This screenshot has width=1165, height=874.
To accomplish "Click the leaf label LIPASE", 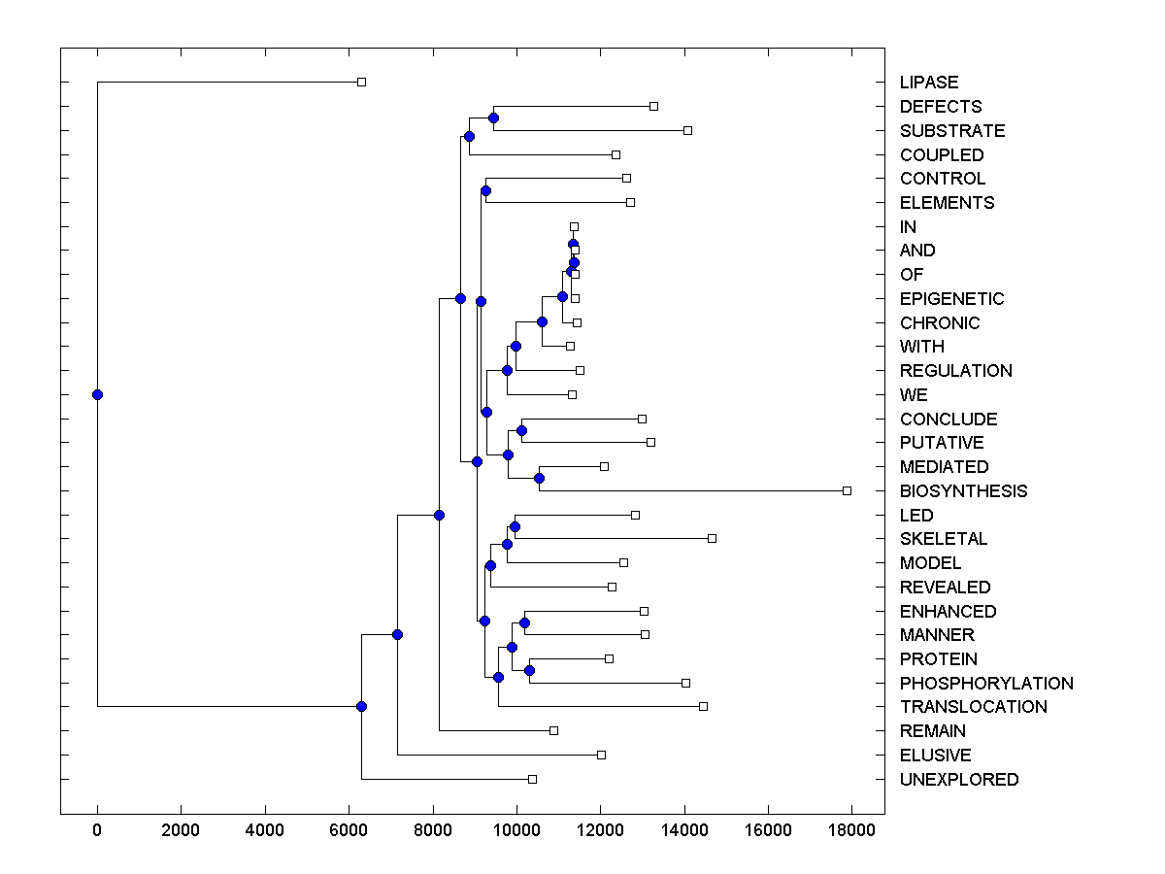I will [928, 83].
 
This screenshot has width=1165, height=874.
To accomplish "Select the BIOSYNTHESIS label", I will [963, 491].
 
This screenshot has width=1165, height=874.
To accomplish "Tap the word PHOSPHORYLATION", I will [986, 684].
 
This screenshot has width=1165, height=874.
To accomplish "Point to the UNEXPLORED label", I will [959, 780].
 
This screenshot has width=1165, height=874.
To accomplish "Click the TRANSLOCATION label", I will [974, 707].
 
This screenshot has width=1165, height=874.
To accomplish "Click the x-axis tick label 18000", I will [851, 829].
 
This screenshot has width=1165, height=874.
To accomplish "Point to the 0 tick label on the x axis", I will [97, 829].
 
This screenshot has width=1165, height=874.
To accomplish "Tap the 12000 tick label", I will [600, 829].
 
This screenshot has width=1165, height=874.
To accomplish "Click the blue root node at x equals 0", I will [97, 394].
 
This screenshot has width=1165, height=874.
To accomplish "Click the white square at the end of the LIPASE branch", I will [361, 83].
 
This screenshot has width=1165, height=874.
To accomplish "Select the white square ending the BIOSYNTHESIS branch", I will [847, 490].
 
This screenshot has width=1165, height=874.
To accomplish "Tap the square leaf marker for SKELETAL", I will [712, 538].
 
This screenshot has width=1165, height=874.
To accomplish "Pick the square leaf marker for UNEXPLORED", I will [532, 779].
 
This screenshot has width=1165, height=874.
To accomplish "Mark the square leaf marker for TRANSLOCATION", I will [703, 706].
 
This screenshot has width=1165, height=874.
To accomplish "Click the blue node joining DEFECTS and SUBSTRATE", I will [493, 118].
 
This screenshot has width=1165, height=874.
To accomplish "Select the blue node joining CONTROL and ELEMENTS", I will [485, 190].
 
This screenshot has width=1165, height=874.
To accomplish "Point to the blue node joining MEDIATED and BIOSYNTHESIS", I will [539, 478].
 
